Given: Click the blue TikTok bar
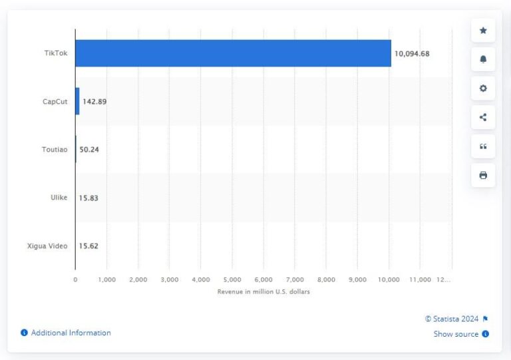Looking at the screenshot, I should click(233, 53).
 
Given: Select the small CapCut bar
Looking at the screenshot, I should click(77, 101).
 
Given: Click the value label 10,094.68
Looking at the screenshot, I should click(412, 54).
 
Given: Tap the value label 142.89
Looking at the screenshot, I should click(94, 102).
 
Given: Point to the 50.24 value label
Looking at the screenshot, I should click(89, 150).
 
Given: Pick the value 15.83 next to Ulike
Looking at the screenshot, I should click(89, 198).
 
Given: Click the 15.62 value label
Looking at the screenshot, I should click(89, 246).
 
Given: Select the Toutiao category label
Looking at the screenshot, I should click(55, 150).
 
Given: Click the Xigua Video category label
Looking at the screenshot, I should click(49, 246).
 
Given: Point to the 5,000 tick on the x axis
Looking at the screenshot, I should click(232, 280).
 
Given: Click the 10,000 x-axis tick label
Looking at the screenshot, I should click(389, 280).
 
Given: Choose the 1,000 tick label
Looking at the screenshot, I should click(106, 280).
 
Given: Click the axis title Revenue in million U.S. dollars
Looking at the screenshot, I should click(263, 292).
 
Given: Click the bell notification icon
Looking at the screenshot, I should click(483, 59).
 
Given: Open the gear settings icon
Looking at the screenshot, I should click(483, 89).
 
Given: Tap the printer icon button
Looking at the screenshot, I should click(483, 175).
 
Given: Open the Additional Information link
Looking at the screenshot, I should click(71, 333).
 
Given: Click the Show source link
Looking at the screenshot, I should click(456, 334).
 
